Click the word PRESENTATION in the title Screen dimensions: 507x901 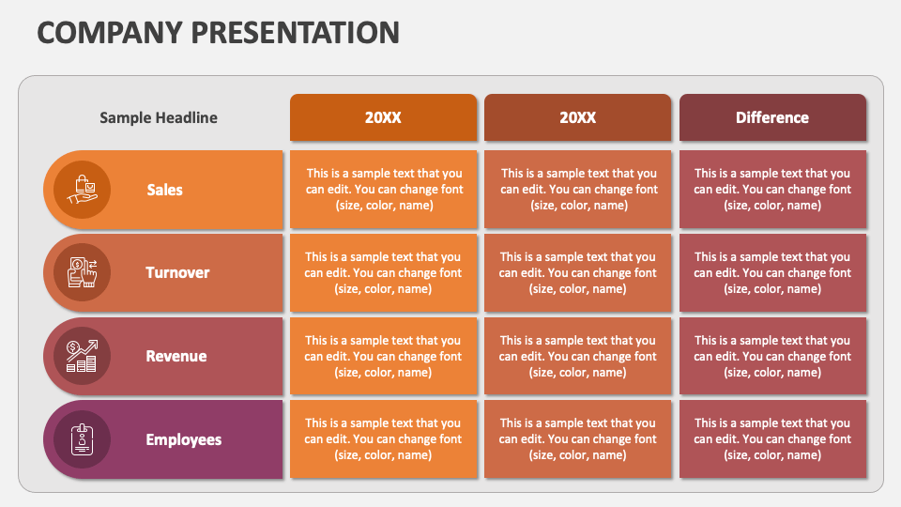pos(295,32)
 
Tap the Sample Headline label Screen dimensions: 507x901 pos(159,117)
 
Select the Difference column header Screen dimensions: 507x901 pos(772,117)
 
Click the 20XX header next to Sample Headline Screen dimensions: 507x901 pos(383,117)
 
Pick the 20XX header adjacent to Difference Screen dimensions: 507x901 pos(577,117)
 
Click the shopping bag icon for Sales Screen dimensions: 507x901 pos(82,190)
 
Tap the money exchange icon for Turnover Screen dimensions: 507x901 pos(82,272)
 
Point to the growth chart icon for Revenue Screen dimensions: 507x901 pos(82,356)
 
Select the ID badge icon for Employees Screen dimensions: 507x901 pos(82,439)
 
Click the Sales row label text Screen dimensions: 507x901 pos(165,190)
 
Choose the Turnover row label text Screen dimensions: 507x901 pos(177,272)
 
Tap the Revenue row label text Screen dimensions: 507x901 pos(176,356)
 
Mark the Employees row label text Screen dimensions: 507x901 pos(184,439)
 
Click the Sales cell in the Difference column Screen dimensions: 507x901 pos(772,190)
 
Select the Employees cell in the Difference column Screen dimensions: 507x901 pos(772,439)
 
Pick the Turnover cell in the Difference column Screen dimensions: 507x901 pos(772,272)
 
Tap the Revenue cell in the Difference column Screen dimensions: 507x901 pos(772,356)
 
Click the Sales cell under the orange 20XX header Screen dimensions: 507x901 pos(383,190)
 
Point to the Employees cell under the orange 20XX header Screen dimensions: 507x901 pos(383,439)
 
